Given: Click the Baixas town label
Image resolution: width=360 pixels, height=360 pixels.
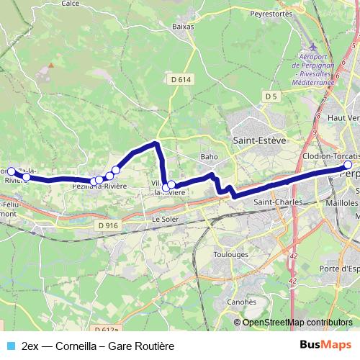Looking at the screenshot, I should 184,26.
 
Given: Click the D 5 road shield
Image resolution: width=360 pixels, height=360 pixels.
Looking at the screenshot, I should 271,96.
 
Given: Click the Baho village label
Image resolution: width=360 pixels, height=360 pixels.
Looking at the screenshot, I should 210,156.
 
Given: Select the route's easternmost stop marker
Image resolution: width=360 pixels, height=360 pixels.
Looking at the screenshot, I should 348,166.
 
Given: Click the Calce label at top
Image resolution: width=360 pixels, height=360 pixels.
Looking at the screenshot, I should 71,4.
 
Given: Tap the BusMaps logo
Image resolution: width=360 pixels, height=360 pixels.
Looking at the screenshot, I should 325,345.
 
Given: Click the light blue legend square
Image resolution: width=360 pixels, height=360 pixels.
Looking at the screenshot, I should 9,346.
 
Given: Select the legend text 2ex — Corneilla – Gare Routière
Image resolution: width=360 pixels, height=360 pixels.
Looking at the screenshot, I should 98,346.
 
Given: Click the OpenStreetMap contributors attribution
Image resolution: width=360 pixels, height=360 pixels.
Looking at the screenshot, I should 297,322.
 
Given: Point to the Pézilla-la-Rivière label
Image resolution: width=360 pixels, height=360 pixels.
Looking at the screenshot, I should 99,186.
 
